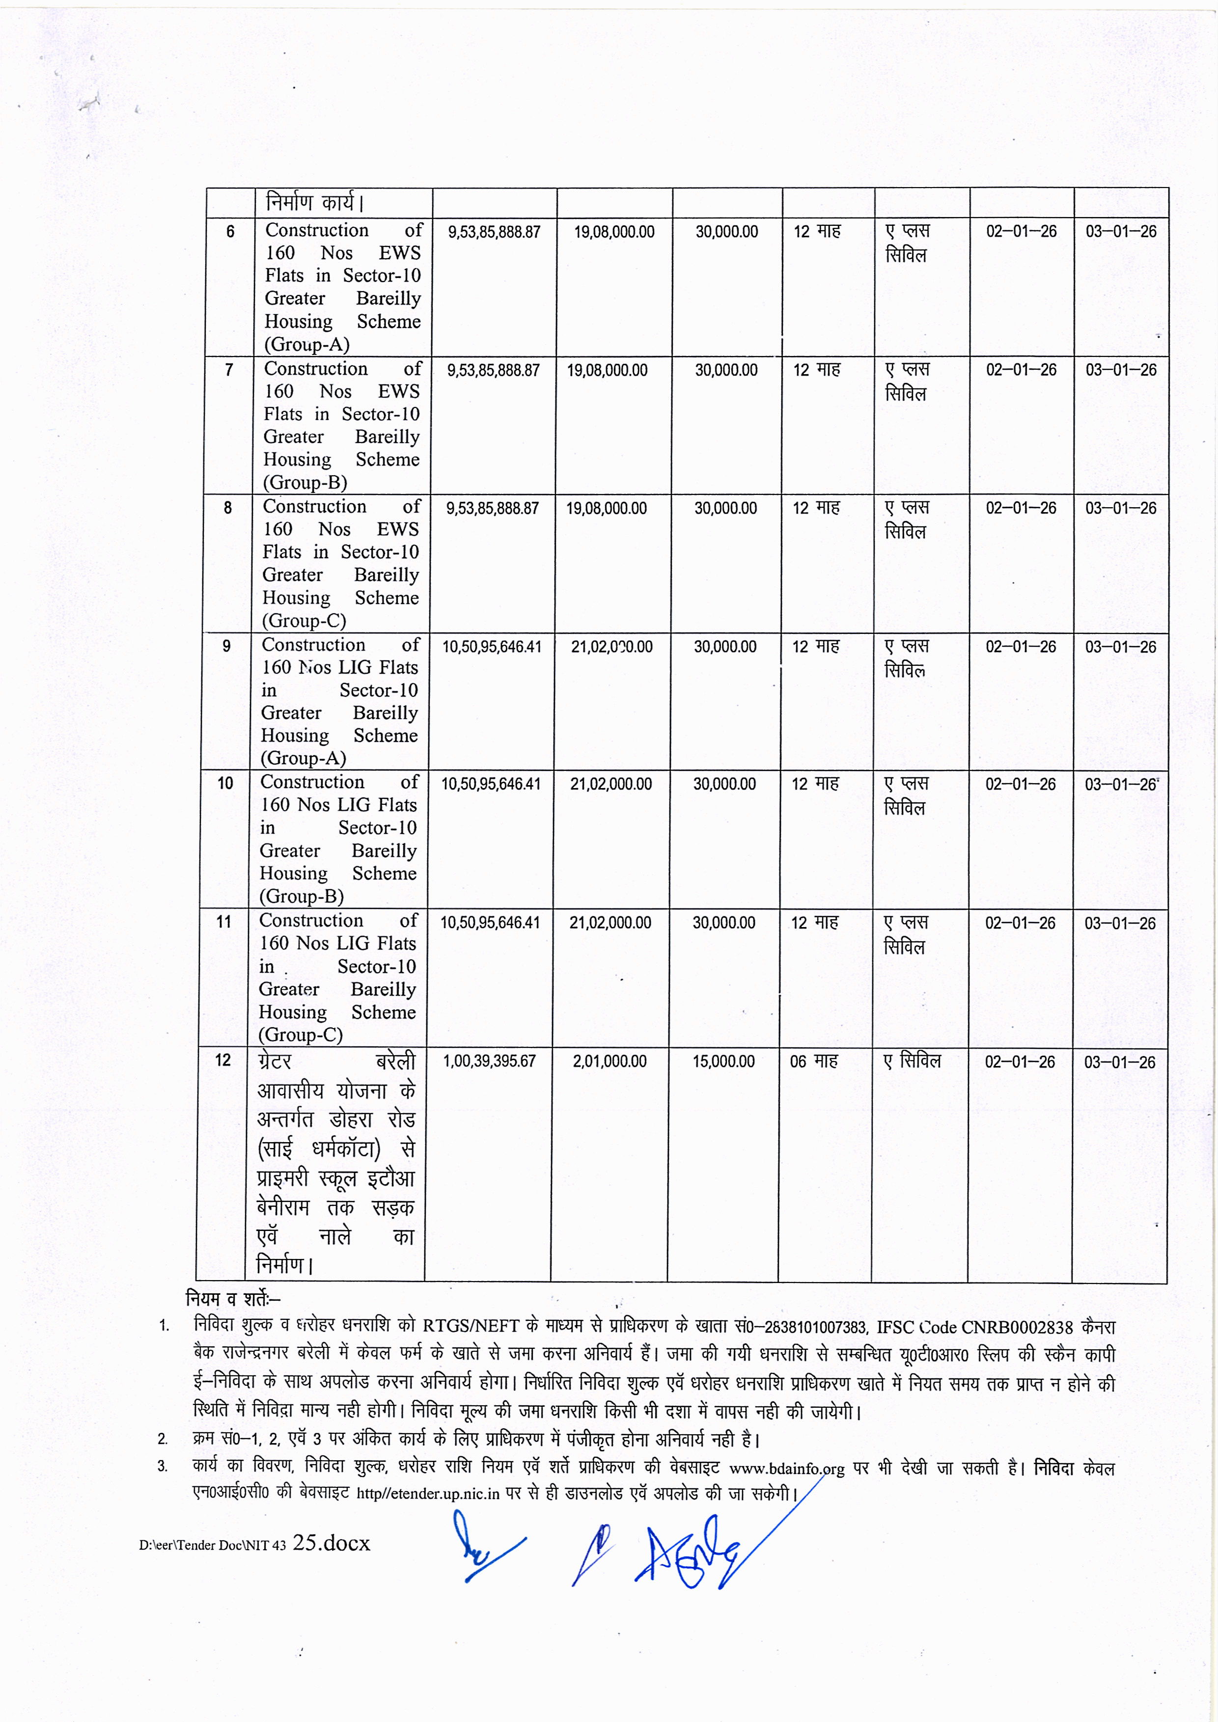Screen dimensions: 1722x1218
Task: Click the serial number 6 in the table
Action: click(230, 232)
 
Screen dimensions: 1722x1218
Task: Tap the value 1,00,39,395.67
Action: click(489, 1061)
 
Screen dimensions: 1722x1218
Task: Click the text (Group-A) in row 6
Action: click(307, 344)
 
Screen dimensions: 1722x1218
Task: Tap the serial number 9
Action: click(226, 646)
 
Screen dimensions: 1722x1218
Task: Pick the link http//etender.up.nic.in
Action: click(427, 1493)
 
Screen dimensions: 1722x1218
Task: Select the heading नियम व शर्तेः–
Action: click(232, 1298)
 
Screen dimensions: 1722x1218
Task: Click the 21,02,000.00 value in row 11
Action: click(610, 923)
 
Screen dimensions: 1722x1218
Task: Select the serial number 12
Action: click(223, 1061)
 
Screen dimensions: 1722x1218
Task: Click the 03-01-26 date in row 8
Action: click(1120, 509)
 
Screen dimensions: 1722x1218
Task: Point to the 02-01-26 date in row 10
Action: click(1020, 785)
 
